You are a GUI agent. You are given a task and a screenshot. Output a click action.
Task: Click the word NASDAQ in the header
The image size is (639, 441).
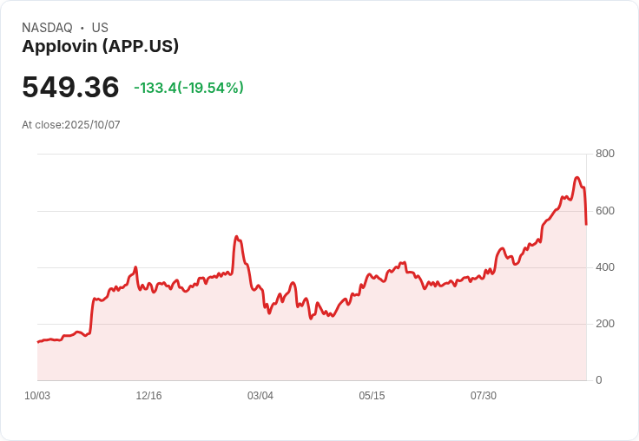tap(47, 28)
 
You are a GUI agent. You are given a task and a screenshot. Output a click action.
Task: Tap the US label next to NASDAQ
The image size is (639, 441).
tap(100, 28)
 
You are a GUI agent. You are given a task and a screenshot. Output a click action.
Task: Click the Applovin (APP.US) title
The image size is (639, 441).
tap(100, 47)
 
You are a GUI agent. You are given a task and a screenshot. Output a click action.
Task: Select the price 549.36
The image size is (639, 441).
tap(70, 87)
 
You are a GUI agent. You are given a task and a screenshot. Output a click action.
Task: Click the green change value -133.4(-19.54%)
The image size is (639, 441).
tap(188, 88)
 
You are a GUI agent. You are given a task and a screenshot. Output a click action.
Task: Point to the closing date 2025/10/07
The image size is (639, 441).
tap(92, 125)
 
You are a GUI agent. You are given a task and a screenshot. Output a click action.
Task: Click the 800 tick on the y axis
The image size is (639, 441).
tap(604, 154)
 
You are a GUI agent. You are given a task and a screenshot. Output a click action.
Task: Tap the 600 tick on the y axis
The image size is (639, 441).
tap(604, 210)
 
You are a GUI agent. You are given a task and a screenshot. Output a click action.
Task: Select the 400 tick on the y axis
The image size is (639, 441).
tap(604, 267)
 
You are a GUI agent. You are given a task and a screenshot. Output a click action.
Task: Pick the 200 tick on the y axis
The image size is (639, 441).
tap(604, 324)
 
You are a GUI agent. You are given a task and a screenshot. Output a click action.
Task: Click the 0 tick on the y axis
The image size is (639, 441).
tap(598, 380)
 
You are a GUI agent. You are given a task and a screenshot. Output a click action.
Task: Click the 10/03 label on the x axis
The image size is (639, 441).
tap(37, 396)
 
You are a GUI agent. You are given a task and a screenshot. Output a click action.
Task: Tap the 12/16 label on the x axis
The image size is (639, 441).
tap(148, 396)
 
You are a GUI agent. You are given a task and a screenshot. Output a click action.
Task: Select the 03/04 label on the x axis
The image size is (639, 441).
tap(260, 396)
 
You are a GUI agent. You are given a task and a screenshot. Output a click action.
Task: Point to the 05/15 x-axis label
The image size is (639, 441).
tap(372, 396)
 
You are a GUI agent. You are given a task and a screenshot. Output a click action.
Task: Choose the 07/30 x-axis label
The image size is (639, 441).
tap(484, 396)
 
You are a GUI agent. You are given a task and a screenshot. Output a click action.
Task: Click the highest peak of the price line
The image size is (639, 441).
tap(577, 178)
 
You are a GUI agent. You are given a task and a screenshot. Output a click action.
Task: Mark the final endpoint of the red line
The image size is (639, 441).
tap(586, 224)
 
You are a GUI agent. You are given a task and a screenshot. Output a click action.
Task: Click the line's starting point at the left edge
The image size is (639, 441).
tap(37, 342)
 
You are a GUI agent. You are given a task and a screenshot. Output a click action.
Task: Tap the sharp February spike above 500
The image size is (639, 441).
tap(236, 236)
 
